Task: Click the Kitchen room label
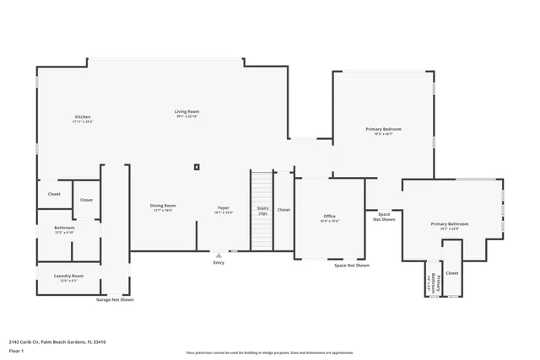82,117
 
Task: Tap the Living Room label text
186,112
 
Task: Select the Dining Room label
163,206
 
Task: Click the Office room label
329,218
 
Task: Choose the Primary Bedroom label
383,129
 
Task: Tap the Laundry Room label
69,276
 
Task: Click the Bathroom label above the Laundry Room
65,228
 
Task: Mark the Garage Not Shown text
115,299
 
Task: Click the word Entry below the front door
219,263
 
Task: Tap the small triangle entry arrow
219,254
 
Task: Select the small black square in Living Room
197,166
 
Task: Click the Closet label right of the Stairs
283,209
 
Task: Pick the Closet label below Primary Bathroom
451,273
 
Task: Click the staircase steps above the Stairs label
262,185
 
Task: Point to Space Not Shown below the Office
351,266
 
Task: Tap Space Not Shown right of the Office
384,217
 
